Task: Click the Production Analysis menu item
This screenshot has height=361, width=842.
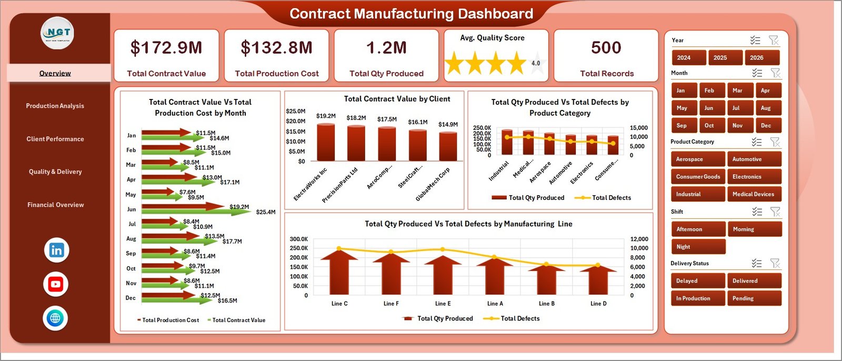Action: point(55,106)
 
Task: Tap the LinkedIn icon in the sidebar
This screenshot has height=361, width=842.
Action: point(56,250)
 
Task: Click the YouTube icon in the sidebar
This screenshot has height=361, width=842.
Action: point(56,284)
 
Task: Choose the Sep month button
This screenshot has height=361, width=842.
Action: point(684,126)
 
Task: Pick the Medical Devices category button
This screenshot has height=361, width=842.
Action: point(754,194)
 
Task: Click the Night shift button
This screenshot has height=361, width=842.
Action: point(698,247)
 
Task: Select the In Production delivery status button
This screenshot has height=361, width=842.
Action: point(698,298)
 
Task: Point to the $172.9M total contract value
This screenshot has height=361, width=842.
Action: point(166,48)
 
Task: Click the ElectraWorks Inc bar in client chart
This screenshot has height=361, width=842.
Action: point(326,142)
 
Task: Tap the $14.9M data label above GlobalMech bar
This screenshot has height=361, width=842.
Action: point(448,125)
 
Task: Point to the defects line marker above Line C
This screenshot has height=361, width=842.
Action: point(339,248)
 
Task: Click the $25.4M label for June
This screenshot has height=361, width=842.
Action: point(266,213)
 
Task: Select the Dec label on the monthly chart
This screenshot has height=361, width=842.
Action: point(131,298)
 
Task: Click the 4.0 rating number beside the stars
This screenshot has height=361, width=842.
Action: point(536,63)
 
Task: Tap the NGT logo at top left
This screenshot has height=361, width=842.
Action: point(58,33)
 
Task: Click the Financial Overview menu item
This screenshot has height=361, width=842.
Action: point(55,205)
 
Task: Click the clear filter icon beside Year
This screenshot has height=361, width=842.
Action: point(773,41)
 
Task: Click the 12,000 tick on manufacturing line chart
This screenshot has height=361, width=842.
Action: point(639,239)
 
